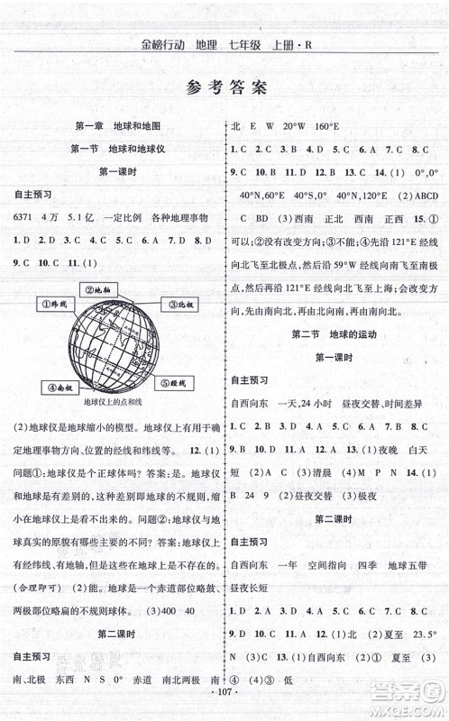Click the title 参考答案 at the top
(224, 88)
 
